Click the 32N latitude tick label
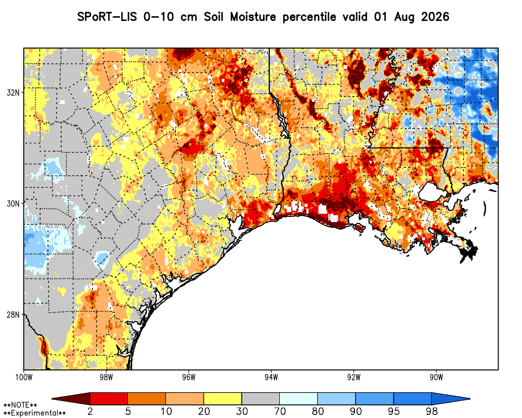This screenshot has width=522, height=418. click(x=13, y=92)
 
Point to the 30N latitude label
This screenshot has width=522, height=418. click(x=13, y=203)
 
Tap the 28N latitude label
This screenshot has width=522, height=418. click(x=13, y=315)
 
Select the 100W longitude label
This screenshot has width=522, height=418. click(x=23, y=377)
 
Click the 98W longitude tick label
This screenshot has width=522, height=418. click(x=106, y=377)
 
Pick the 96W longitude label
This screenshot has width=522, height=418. click(x=189, y=377)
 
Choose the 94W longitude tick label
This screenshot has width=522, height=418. click(x=271, y=377)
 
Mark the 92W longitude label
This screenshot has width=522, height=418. click(x=354, y=377)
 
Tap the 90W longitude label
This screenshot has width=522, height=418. click(x=436, y=377)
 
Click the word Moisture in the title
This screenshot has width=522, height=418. click(x=253, y=17)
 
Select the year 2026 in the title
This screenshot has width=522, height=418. click(x=435, y=17)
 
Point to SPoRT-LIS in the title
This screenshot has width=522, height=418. click(x=107, y=17)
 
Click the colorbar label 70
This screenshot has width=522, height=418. click(x=280, y=411)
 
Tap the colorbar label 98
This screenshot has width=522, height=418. click(x=432, y=411)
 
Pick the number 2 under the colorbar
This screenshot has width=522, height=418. click(x=90, y=411)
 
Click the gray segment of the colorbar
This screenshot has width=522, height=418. click(x=260, y=399)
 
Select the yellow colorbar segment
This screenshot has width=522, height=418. click(x=223, y=399)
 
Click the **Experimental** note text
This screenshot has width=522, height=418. click(x=34, y=413)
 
